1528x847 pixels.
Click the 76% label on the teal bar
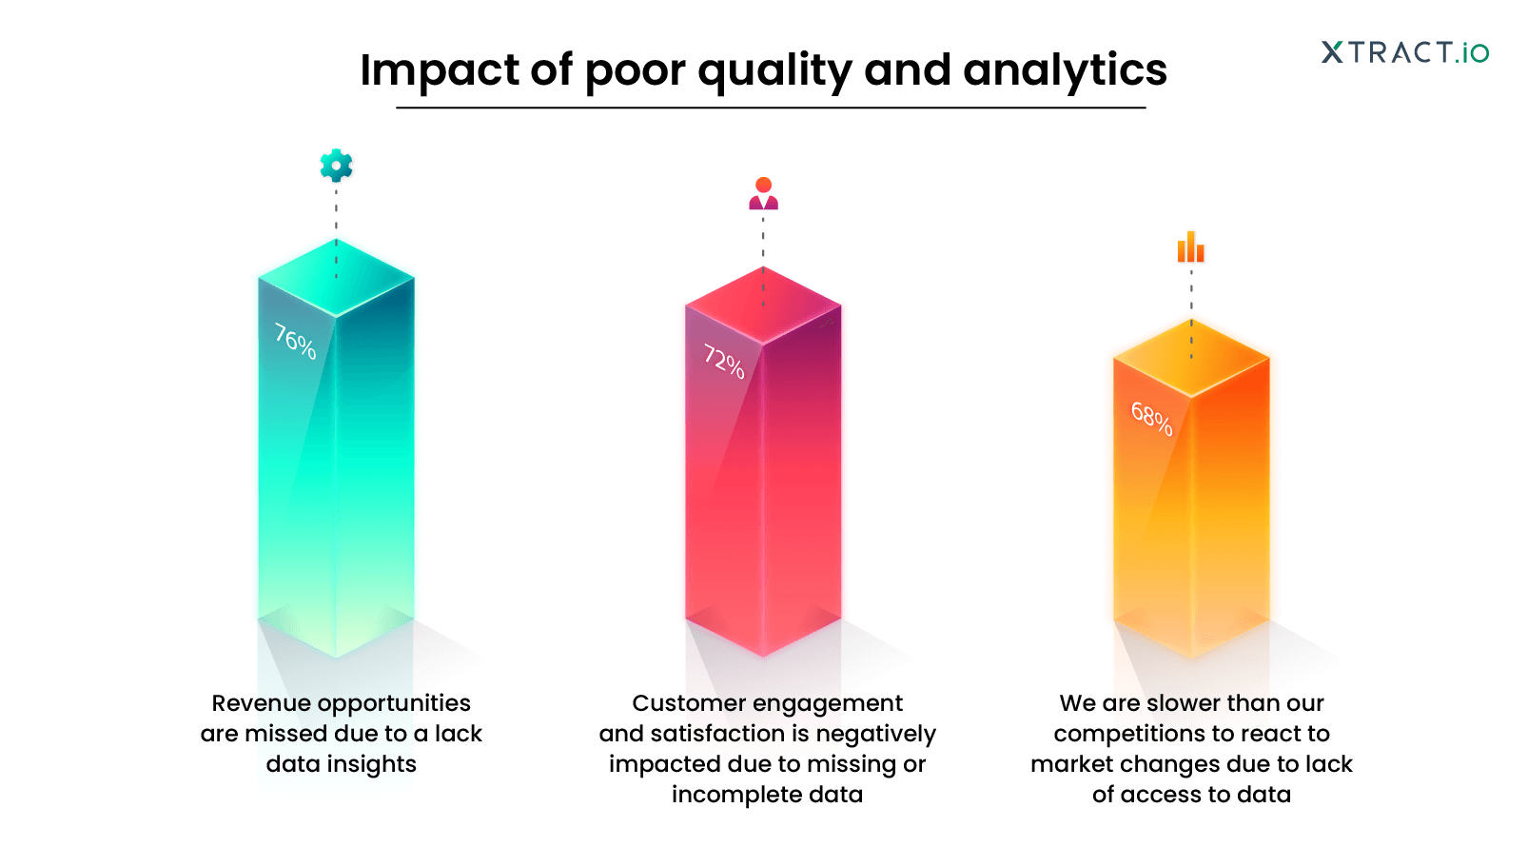295,342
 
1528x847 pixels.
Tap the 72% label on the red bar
723,362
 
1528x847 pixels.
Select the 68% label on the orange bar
1151,418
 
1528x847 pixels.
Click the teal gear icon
336,166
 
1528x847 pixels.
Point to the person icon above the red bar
763,193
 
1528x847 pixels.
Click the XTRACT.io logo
1404,52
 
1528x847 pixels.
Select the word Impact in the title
440,70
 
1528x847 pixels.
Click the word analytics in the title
1065,70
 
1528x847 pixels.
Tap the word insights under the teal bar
371,764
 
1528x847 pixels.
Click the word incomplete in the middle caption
723,795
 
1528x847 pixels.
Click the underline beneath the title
771,108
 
